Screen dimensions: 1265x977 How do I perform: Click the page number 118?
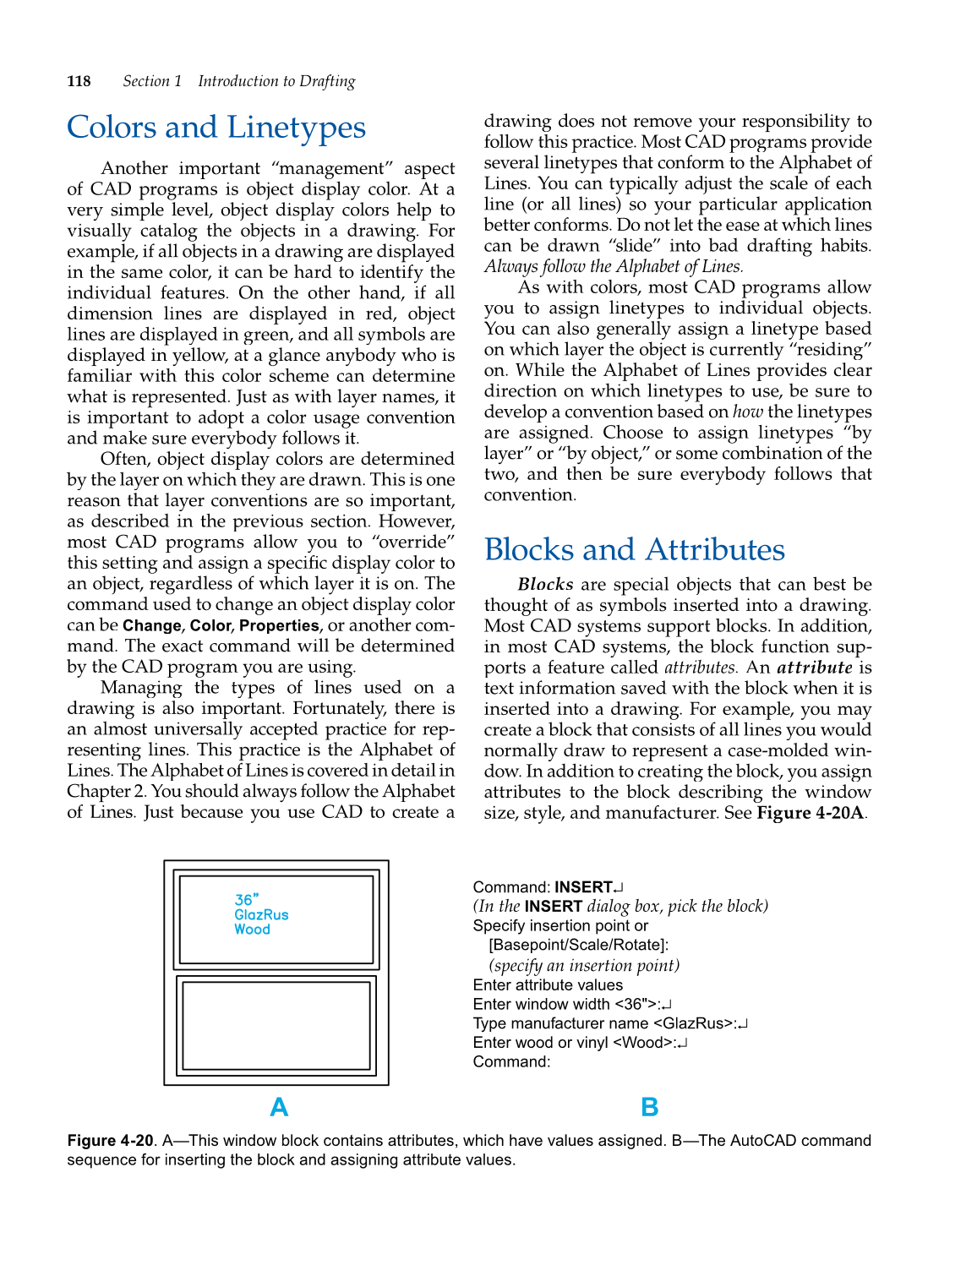(79, 81)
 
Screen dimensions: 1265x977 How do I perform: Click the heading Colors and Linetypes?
(216, 128)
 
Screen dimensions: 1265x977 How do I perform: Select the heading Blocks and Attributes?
(634, 550)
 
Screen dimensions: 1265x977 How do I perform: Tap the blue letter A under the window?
(279, 1107)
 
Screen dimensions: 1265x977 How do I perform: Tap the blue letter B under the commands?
(649, 1107)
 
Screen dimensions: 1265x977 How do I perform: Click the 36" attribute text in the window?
(247, 900)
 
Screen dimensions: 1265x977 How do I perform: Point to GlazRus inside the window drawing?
(261, 915)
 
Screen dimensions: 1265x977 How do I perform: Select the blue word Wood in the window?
(252, 930)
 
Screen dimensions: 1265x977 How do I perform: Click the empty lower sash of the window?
(276, 1026)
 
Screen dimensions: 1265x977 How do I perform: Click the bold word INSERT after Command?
(583, 887)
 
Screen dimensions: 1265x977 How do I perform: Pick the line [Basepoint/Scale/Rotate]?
(578, 946)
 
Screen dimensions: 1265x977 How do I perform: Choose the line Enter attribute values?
(548, 985)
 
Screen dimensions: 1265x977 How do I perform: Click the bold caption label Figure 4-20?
(111, 1141)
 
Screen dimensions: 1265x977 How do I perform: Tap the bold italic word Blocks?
(545, 585)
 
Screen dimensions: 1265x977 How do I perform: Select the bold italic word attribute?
(814, 668)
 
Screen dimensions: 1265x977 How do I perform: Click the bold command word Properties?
(279, 626)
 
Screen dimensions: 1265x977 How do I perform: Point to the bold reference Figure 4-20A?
(810, 813)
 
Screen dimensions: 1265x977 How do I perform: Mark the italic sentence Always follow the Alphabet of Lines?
(614, 266)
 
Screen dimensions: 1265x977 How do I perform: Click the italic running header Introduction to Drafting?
(276, 81)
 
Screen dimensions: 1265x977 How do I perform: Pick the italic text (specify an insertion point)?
(584, 966)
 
